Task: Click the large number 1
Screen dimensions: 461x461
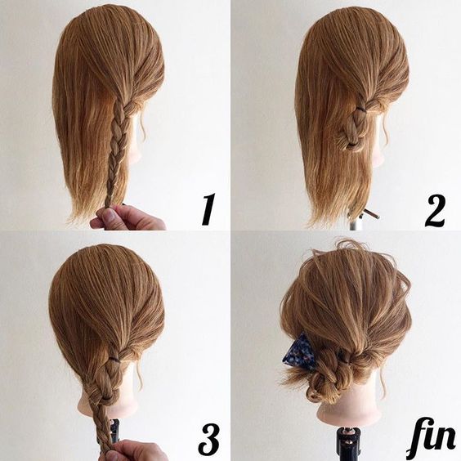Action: tap(208, 209)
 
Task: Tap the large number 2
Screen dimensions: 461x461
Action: tap(435, 211)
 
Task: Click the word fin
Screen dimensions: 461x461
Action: tap(431, 441)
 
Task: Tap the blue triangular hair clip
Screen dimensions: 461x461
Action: tap(298, 350)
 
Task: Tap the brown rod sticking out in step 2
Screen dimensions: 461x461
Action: tap(371, 213)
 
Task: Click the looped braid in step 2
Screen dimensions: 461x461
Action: tap(356, 129)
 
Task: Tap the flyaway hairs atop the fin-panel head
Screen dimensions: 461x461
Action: tap(347, 246)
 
